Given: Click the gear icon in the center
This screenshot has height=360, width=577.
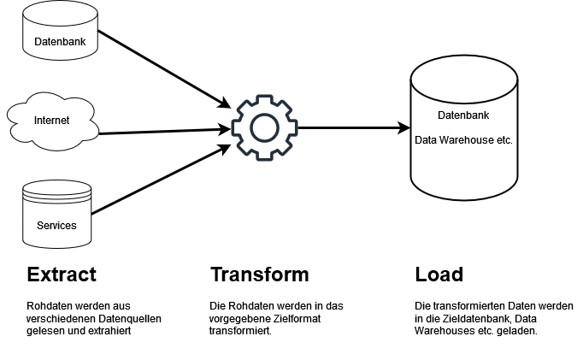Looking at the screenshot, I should [x=264, y=128].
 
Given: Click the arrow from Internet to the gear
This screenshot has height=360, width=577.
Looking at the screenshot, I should [x=162, y=132].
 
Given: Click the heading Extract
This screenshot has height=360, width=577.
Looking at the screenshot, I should [x=62, y=274].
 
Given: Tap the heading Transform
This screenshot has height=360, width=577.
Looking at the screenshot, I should [x=259, y=274].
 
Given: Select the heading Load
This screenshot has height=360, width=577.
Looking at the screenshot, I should [x=439, y=274].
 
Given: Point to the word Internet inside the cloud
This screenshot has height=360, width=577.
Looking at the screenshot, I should [x=51, y=121].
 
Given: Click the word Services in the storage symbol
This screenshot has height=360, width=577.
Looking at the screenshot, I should [x=56, y=226].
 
